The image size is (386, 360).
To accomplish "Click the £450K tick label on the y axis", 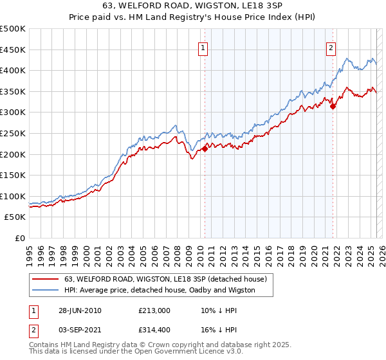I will tap(13, 50).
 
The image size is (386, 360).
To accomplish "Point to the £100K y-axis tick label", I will tap(13, 196).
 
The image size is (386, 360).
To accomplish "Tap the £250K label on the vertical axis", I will tap(13, 133).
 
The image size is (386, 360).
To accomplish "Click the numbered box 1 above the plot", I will tap(203, 48).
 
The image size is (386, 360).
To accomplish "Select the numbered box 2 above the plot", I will tap(331, 48).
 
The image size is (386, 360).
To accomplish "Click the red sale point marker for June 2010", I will tap(205, 148).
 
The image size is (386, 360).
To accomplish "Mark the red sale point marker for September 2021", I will tap(333, 107).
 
